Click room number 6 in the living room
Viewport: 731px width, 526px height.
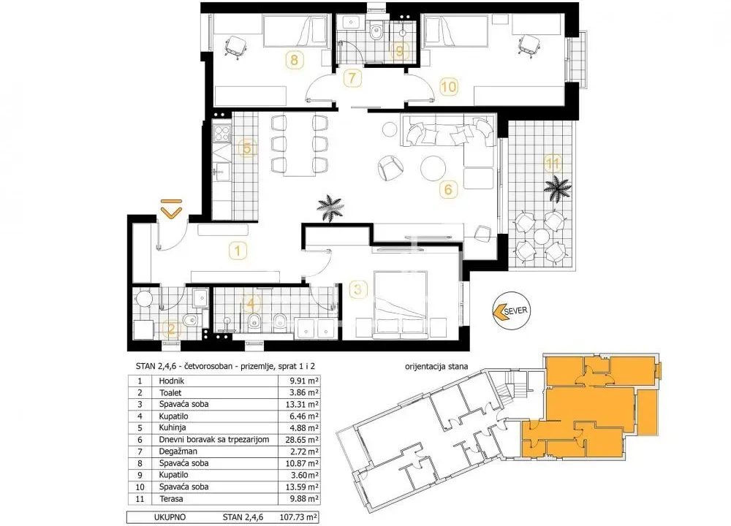[448, 189]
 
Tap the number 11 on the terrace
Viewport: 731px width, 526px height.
[553, 164]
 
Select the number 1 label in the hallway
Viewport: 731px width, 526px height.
[238, 251]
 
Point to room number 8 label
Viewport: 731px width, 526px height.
[294, 60]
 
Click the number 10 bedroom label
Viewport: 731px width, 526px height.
[449, 87]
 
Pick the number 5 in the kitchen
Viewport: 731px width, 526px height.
[247, 148]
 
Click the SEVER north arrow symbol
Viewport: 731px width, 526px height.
[512, 310]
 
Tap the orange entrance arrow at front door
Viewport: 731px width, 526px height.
[171, 208]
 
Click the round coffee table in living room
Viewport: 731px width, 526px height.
[433, 168]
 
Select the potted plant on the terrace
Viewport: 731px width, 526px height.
[558, 188]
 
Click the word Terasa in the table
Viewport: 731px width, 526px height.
[171, 498]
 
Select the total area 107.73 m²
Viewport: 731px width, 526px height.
[299, 517]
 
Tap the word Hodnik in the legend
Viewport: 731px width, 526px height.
[172, 381]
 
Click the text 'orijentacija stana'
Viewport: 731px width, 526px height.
[436, 366]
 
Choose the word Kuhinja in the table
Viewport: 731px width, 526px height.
[173, 427]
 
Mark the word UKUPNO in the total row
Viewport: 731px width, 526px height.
[170, 517]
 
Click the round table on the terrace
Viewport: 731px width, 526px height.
[541, 237]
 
